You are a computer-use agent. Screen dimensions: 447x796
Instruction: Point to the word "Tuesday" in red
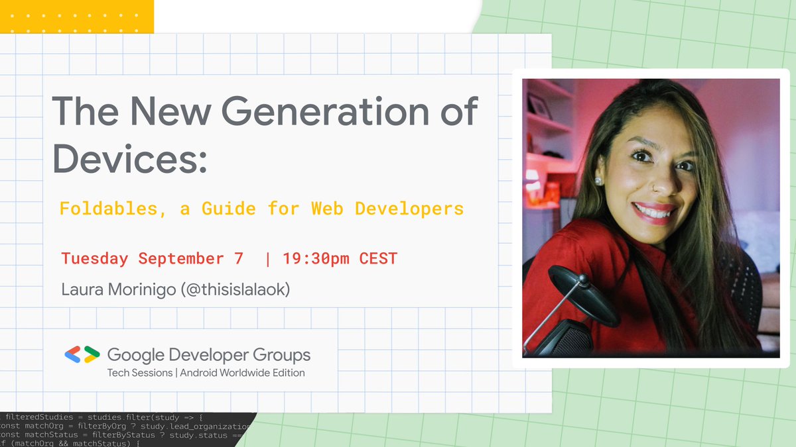pyautogui.click(x=94, y=258)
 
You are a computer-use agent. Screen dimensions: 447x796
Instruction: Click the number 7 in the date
pyautogui.click(x=239, y=258)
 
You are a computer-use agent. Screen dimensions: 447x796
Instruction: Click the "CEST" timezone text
pyautogui.click(x=378, y=258)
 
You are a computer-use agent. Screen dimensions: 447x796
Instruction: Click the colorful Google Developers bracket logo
pyautogui.click(x=82, y=355)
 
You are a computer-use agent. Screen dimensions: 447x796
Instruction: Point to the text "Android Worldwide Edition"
pyautogui.click(x=243, y=373)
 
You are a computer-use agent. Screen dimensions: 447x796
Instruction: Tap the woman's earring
pyautogui.click(x=597, y=181)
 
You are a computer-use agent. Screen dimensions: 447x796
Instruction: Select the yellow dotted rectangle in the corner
pyautogui.click(x=77, y=17)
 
